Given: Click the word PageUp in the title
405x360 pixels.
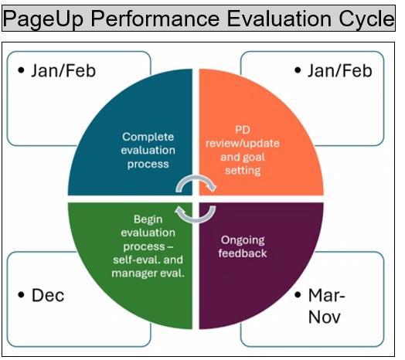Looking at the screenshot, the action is tap(43, 19).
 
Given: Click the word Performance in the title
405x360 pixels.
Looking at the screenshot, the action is tap(155, 19).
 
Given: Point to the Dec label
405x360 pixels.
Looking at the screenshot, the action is tap(48, 295).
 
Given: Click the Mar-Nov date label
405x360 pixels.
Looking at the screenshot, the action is tap(326, 306).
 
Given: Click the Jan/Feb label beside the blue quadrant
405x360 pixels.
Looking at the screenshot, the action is tap(63, 71).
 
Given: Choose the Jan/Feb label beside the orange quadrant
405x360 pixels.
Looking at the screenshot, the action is tap(339, 71).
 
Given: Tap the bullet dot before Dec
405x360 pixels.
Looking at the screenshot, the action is tap(21, 294).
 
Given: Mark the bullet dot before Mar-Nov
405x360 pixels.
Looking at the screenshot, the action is tap(298, 294).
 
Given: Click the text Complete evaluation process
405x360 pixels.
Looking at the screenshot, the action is tap(148, 151).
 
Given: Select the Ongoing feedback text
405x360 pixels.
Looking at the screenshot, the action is tap(242, 246).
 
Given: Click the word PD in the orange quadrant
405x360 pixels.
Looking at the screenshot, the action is tap(243, 130).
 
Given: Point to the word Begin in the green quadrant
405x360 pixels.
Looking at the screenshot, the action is tap(148, 219).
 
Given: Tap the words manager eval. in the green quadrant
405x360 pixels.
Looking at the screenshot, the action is tap(148, 273).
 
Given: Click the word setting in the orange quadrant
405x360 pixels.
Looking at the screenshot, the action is tap(243, 171).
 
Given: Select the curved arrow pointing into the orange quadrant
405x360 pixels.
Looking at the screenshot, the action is tap(196, 179).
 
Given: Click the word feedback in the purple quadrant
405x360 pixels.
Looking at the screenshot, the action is tap(242, 253).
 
